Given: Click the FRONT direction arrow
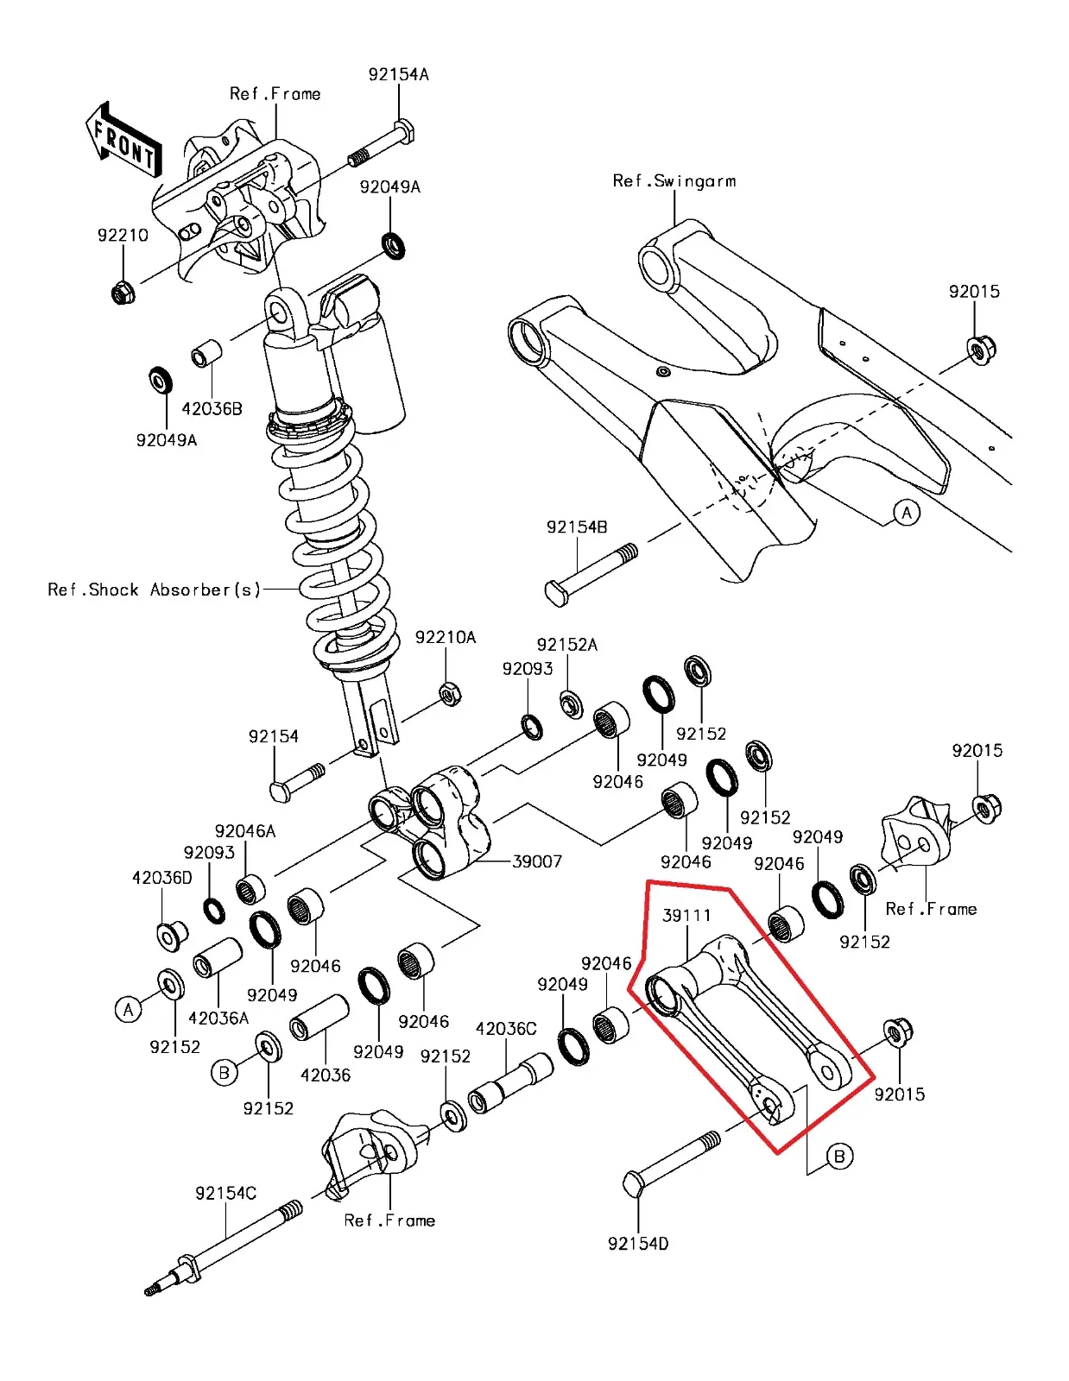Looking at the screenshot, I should [123, 141].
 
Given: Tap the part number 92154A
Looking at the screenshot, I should [398, 74].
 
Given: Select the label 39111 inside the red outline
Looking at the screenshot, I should [686, 915].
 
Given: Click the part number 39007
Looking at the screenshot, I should [537, 861].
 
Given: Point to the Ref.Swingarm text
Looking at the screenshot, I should [674, 180].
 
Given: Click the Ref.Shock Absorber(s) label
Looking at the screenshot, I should [154, 590].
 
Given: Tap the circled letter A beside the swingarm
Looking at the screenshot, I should [906, 513].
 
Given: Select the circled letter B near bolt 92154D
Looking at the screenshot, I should [839, 1156].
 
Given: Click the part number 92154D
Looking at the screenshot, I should [638, 1244].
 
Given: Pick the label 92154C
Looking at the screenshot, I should [225, 1193].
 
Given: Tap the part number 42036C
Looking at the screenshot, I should [506, 1028].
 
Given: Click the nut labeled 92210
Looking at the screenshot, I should [123, 293].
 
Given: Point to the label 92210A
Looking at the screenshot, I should [446, 637].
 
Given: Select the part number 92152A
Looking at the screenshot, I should [567, 645].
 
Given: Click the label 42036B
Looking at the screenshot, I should [212, 408].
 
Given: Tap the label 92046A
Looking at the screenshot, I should [245, 830].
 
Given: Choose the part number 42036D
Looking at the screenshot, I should [162, 878].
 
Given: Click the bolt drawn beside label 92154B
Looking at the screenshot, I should [591, 573].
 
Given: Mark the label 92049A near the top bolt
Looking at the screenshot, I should [389, 186].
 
